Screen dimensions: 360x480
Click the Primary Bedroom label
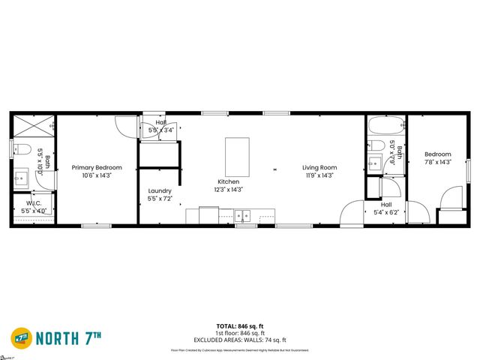tap(97, 168)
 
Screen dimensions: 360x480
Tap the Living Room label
tap(319, 168)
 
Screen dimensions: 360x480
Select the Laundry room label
tap(160, 190)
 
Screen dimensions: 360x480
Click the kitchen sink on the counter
tap(243, 216)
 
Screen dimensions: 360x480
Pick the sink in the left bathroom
tap(22, 178)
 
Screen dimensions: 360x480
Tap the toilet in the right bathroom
tap(377, 145)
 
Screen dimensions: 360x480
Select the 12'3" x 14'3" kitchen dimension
tap(229, 190)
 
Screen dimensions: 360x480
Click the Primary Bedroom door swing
tap(126, 125)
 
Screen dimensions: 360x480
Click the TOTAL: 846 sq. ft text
tap(240, 325)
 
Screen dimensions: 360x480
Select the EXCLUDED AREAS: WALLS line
tap(240, 339)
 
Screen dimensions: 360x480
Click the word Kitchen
tap(229, 181)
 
